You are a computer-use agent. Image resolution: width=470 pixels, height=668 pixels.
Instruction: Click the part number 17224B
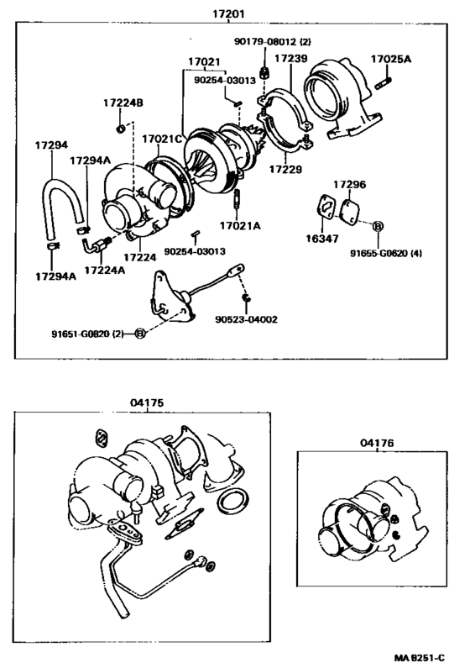123,103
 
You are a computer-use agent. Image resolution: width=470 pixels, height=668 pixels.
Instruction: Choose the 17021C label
159,139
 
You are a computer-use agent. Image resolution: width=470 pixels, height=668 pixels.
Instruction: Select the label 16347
322,239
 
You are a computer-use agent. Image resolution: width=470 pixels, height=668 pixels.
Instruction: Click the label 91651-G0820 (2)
87,334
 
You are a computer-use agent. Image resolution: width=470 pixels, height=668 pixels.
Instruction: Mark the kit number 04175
145,402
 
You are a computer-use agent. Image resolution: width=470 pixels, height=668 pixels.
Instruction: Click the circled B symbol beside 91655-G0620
378,227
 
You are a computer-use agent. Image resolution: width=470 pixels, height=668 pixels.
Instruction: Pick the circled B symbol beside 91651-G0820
140,334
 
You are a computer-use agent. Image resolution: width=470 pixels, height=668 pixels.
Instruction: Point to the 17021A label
240,226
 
